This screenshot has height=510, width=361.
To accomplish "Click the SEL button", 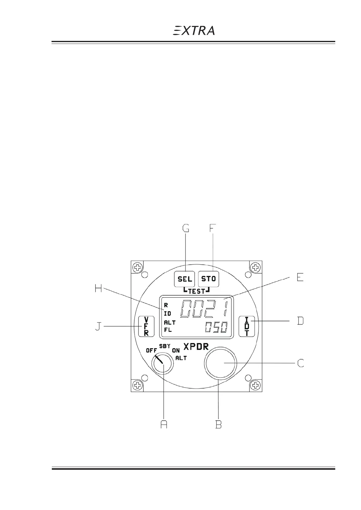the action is point(184,279).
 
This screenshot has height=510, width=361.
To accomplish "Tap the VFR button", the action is point(146,326).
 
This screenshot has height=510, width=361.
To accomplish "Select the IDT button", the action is point(247,326).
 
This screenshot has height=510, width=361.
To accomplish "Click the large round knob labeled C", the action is point(220,363).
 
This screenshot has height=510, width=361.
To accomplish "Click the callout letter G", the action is point(186,228).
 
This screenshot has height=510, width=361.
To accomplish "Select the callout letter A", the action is point(164,424).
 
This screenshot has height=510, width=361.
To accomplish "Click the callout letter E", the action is point(300,277).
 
